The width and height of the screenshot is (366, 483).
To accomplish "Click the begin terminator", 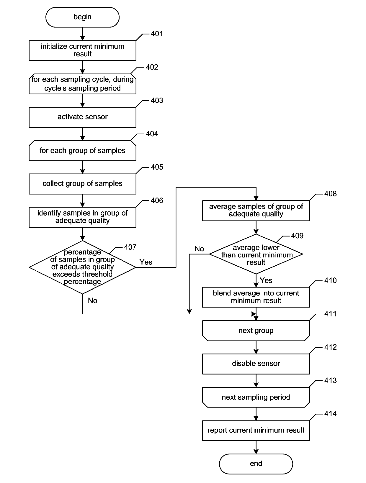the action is [x=82, y=17].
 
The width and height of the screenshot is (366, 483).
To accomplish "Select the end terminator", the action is [x=256, y=464].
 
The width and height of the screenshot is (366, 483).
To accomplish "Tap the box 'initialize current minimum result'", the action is [x=82, y=50].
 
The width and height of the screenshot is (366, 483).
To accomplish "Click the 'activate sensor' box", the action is [x=82, y=117].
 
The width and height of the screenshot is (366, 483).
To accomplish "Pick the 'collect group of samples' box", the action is [x=82, y=184].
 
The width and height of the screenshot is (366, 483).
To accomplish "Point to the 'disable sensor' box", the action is [x=256, y=364].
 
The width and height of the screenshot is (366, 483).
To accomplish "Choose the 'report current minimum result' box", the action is [x=256, y=431].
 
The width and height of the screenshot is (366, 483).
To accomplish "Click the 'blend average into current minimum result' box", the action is [x=256, y=297].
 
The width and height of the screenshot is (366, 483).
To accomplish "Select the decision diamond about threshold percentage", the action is [x=82, y=267].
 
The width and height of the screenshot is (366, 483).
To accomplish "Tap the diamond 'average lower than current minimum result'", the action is [x=256, y=254].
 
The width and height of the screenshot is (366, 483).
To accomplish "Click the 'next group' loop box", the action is [x=256, y=331].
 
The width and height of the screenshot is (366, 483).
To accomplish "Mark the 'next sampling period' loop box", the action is [x=256, y=397].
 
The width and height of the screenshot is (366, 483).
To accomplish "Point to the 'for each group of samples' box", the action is [x=82, y=150].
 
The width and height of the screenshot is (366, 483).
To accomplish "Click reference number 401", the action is [x=157, y=34].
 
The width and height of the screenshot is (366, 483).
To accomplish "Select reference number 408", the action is [x=330, y=194].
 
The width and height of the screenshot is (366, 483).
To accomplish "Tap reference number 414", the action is [x=330, y=414].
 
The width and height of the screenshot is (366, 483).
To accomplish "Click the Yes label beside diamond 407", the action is [x=146, y=262].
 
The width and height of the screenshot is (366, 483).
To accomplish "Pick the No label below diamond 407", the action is [x=92, y=300].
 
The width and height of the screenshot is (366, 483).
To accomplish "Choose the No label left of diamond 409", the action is [x=199, y=249].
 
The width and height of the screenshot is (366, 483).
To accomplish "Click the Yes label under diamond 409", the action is [x=266, y=280].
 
